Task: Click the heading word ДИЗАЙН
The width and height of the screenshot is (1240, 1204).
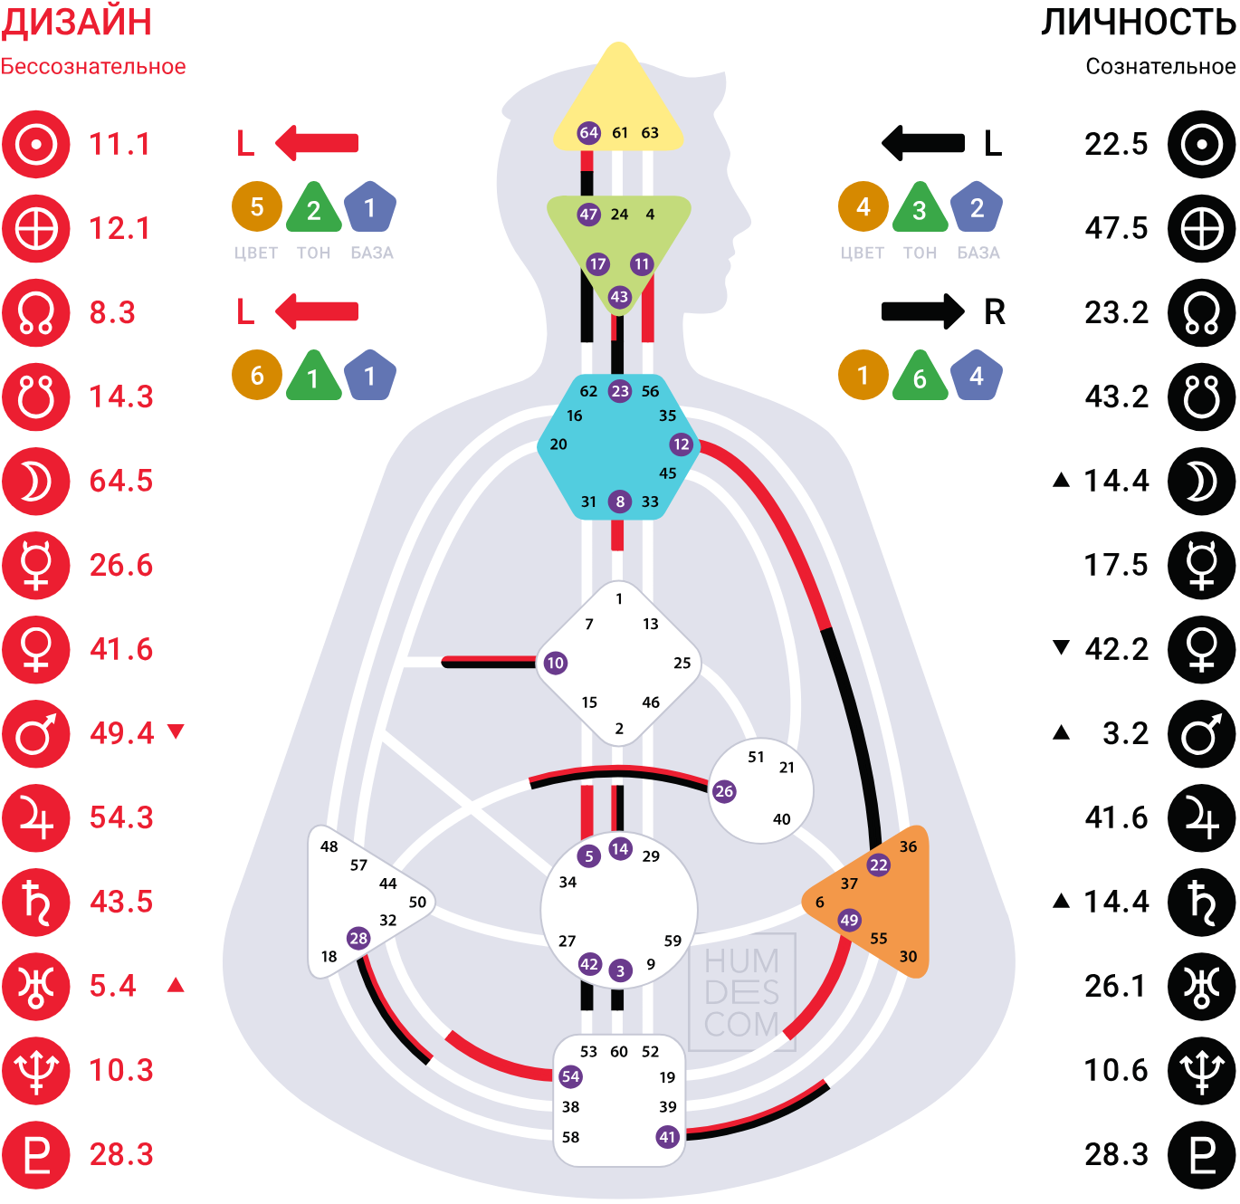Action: coord(76,22)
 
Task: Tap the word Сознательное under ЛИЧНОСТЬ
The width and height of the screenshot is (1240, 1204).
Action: coord(1160,66)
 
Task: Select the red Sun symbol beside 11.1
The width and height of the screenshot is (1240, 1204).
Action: coord(35,144)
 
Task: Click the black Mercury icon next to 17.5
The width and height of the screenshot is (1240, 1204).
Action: coord(1201,566)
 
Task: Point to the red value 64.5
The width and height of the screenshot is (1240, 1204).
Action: coord(121,481)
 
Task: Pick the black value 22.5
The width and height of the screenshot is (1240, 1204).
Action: coord(1116,144)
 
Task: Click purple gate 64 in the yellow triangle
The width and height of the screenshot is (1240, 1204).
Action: coord(588,132)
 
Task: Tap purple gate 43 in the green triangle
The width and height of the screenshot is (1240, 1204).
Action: coord(619,296)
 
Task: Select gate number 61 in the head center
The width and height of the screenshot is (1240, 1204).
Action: coord(619,132)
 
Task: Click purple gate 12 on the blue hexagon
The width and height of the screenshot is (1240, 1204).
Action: coord(682,444)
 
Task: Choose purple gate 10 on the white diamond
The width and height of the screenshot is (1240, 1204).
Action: coord(555,663)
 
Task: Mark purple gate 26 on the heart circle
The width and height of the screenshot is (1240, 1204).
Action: coord(724,791)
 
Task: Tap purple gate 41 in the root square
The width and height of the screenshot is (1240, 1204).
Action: coord(667,1136)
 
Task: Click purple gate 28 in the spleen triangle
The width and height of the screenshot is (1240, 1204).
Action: coord(358,938)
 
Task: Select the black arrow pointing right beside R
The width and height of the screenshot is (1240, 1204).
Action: coord(922,311)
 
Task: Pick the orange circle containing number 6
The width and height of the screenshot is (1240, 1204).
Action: coord(257,375)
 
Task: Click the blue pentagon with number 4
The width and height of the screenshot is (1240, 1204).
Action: coord(977,375)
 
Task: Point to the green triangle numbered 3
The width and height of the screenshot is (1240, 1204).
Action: coord(919,208)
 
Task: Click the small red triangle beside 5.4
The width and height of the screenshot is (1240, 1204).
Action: coord(176,986)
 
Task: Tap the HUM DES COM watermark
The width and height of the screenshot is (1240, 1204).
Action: coord(742,992)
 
